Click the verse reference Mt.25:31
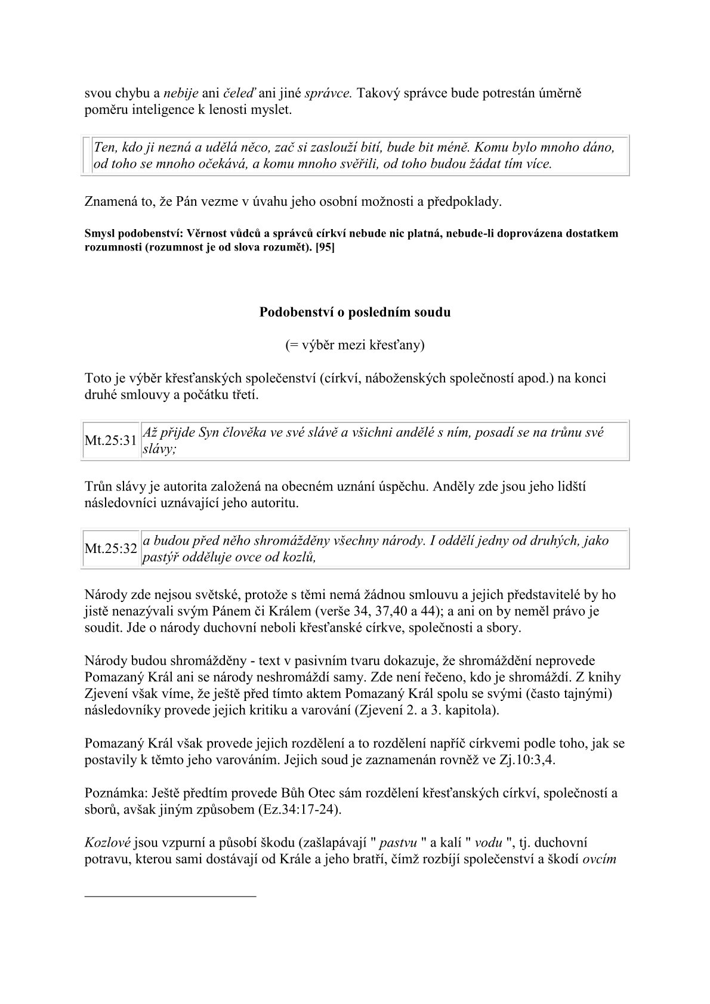[x=111, y=441]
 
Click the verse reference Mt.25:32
[x=111, y=549]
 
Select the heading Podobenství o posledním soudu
[x=355, y=312]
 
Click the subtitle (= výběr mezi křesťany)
[x=355, y=345]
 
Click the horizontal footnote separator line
[x=170, y=895]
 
